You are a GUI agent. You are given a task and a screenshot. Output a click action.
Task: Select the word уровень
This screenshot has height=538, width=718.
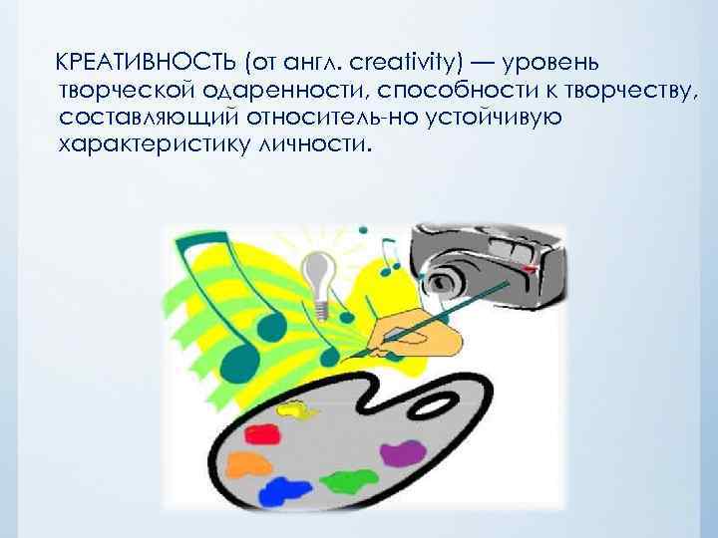548,63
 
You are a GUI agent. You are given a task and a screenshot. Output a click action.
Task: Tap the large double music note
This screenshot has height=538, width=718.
214,289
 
